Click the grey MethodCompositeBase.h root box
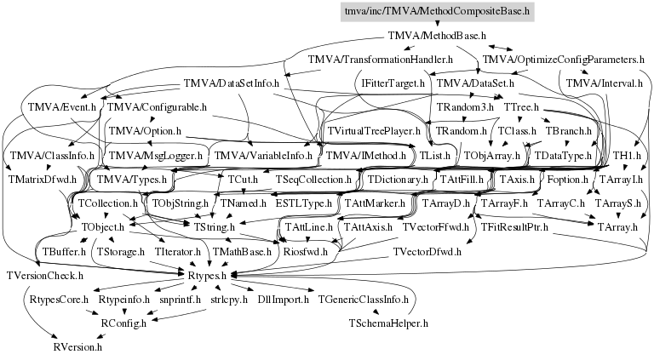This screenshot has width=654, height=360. (436, 13)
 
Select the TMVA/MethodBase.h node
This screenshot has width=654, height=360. (436, 37)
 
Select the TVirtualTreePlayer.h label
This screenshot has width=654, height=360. (373, 132)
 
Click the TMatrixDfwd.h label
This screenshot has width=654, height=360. (42, 180)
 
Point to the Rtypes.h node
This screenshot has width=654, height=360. (204, 276)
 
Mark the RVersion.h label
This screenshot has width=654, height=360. (77, 347)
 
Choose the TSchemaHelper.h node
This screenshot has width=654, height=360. (388, 323)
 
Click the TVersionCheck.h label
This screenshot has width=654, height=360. (44, 276)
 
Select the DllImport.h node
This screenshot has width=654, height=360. (278, 300)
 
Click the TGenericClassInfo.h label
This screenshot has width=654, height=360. (366, 300)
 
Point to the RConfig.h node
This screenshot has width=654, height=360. (123, 323)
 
